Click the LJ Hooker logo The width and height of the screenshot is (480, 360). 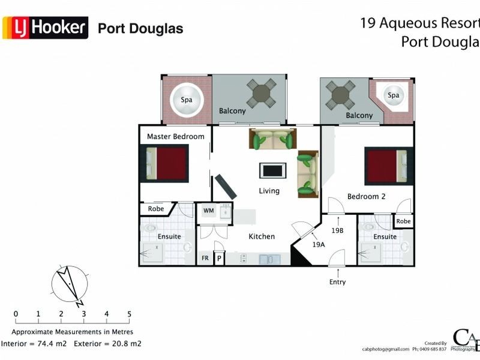pos(46,28)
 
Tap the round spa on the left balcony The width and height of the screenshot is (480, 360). pos(187,100)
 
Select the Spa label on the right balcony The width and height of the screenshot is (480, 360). pos(393,95)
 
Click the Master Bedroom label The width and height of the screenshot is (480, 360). pos(175,136)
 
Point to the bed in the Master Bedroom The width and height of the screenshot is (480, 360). pos(166,164)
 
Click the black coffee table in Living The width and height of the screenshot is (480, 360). pos(272,170)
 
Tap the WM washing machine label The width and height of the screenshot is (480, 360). pos(208,211)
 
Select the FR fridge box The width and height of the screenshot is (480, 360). pos(205,259)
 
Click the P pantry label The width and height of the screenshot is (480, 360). pos(219,259)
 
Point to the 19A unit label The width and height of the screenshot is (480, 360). pos(318,245)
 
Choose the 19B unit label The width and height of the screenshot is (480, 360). pos(337,230)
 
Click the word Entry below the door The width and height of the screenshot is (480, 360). pos(337,282)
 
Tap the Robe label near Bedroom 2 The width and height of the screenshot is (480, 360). pos(403,221)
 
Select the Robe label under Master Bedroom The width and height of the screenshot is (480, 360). pos(156,209)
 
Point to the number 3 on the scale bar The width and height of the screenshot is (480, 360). pos(83,314)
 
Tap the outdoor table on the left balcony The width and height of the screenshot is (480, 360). pos(262,93)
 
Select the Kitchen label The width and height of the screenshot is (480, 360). pos(262,236)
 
